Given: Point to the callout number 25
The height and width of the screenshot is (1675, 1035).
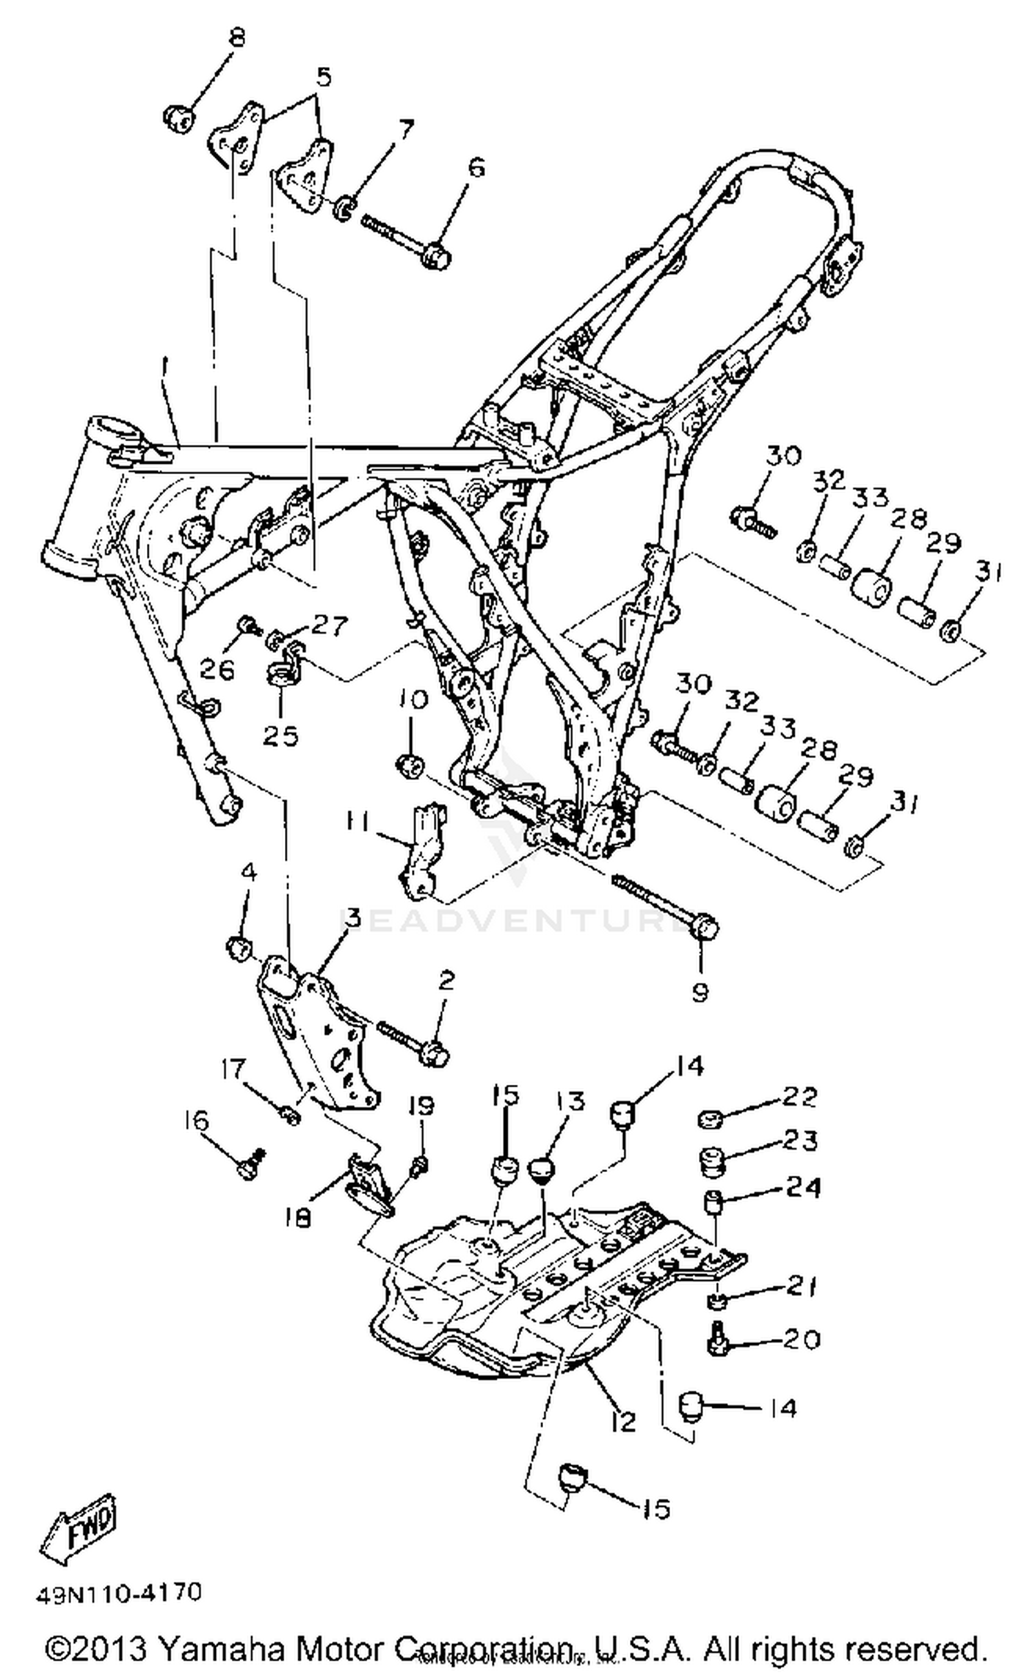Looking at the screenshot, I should coord(280,736).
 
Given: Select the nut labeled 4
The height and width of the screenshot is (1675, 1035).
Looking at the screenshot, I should coord(238,950).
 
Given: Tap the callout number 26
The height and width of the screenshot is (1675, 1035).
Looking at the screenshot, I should coord(217,668).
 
